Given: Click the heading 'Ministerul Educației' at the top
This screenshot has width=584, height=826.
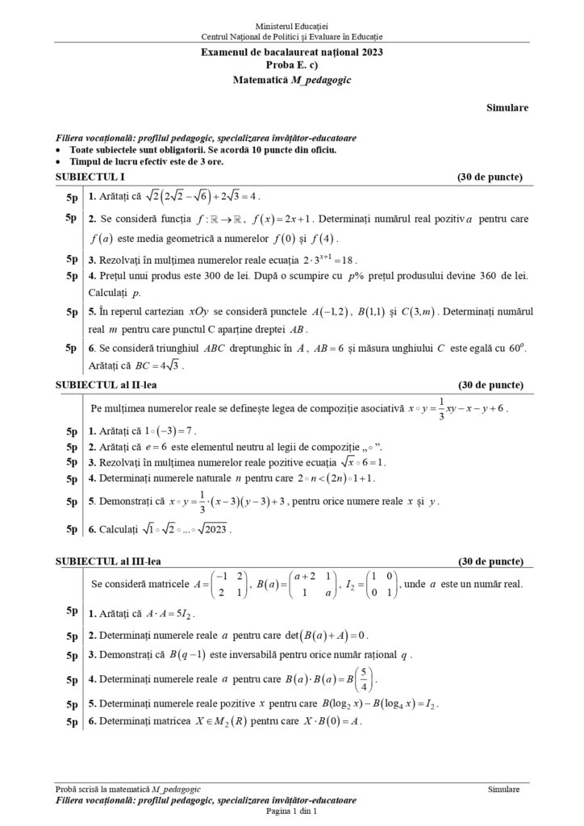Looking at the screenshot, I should pos(291,27).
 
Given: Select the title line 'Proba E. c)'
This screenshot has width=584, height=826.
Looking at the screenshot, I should pos(291,65).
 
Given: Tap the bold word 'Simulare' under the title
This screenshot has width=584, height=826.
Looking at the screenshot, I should pos(507,106).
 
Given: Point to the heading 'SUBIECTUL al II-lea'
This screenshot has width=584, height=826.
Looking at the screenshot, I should pos(107,386).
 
